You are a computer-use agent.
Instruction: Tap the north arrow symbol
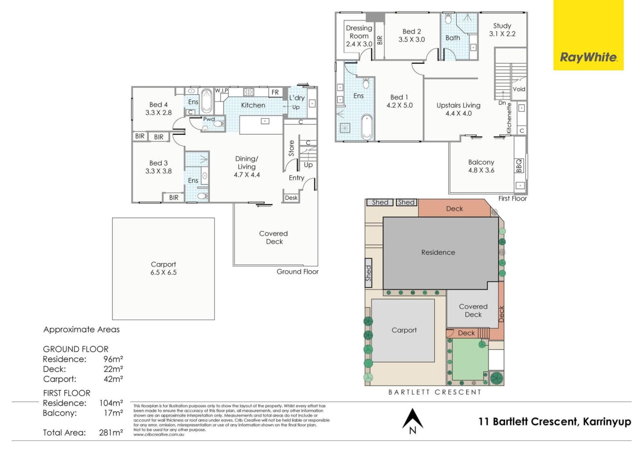tap(413, 421)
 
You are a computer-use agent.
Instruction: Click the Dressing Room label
tap(359, 36)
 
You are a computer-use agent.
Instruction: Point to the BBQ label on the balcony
tap(519, 166)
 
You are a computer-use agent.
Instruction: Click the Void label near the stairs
tap(519, 89)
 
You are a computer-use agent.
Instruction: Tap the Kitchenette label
tap(509, 118)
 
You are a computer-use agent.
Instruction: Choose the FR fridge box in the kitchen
tap(275, 92)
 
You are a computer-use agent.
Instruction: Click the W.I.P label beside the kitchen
tap(221, 91)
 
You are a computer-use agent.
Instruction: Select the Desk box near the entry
tap(291, 198)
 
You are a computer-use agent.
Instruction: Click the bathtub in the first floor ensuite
tap(367, 127)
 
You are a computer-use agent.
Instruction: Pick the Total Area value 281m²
tap(111, 433)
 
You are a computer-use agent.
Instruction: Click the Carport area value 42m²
tap(113, 379)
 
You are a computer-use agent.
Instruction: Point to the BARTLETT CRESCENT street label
tap(435, 392)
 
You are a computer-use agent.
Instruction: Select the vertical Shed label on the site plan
tap(368, 273)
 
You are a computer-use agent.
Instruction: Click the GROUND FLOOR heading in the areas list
tap(76, 349)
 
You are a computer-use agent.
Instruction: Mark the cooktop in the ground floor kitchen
tap(248, 92)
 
